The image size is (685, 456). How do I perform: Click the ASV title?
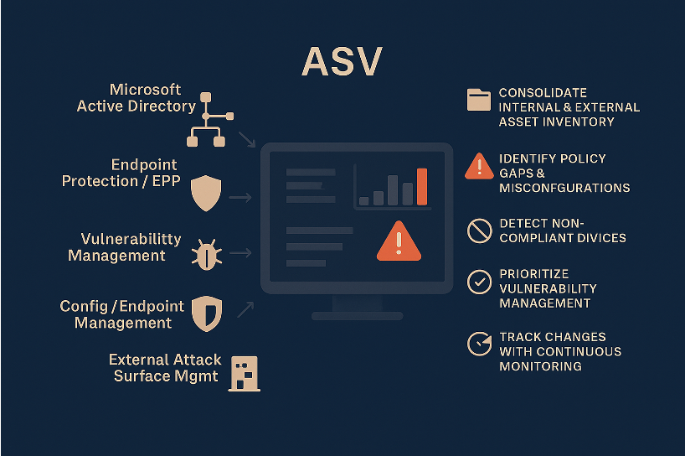tap(342, 62)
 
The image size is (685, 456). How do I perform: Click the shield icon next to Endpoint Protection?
tap(205, 194)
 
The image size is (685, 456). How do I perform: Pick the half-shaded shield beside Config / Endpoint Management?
tap(205, 312)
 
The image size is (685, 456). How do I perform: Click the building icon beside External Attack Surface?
tap(245, 373)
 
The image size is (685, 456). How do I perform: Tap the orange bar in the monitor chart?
tap(422, 187)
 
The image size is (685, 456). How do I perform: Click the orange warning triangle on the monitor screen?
tap(399, 241)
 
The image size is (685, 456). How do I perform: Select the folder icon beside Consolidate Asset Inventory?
tap(479, 100)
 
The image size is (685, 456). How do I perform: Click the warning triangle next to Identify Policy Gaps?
tap(479, 166)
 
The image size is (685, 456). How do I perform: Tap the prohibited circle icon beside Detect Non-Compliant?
tap(479, 231)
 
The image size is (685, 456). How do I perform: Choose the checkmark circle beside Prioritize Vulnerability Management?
tap(479, 282)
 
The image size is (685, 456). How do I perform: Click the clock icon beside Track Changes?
tap(479, 344)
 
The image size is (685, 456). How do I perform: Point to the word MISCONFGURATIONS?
tap(564, 188)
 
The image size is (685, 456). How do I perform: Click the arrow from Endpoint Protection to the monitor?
tap(240, 198)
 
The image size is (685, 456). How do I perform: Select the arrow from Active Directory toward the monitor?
tap(247, 139)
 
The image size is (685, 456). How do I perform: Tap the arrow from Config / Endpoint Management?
tap(245, 309)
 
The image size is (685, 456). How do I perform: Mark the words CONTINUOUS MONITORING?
tap(560, 359)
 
